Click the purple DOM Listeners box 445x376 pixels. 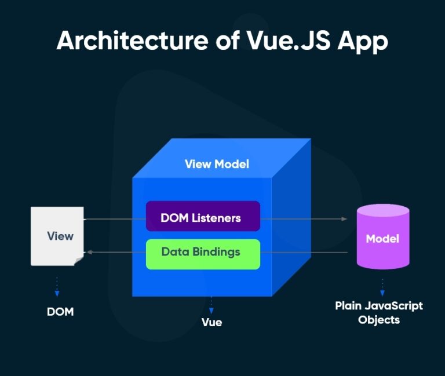(203, 218)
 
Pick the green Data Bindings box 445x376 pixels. (203, 253)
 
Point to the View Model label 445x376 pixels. (217, 164)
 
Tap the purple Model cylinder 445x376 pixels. (382, 238)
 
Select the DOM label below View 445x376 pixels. (60, 312)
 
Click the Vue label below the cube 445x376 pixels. (211, 322)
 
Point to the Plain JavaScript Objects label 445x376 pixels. (379, 312)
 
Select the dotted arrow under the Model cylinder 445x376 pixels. (382, 286)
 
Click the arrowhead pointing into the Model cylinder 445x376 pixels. (344, 220)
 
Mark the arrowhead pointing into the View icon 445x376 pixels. (88, 253)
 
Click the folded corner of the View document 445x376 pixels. (79, 261)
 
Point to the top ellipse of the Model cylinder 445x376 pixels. (382, 213)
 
